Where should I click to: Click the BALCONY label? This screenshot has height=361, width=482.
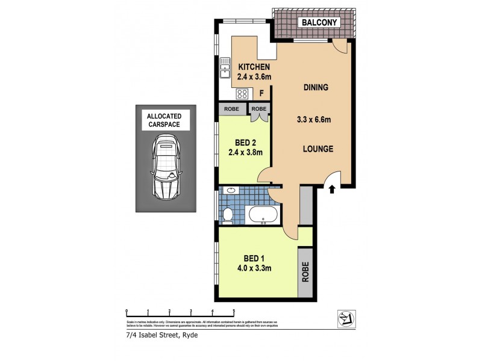319,22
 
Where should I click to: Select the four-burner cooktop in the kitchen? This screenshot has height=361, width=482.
243,94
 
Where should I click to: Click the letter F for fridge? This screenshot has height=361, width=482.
261,94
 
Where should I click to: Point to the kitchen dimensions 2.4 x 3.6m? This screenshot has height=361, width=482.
254,77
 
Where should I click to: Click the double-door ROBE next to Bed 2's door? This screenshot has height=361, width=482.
259,109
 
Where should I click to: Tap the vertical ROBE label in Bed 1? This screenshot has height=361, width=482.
305,272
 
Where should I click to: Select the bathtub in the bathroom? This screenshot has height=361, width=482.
263,214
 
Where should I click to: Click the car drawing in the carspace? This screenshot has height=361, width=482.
166,167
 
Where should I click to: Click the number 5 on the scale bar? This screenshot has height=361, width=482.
234,311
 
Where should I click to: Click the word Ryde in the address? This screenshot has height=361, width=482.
189,335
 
